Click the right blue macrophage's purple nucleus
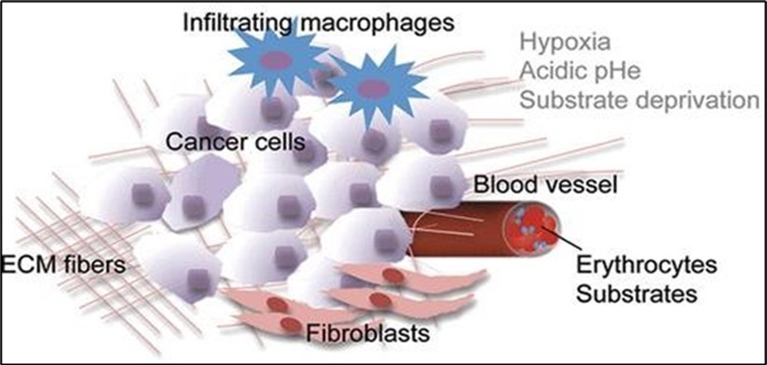coord(372,89)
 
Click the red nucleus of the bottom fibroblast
coord(292,324)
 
